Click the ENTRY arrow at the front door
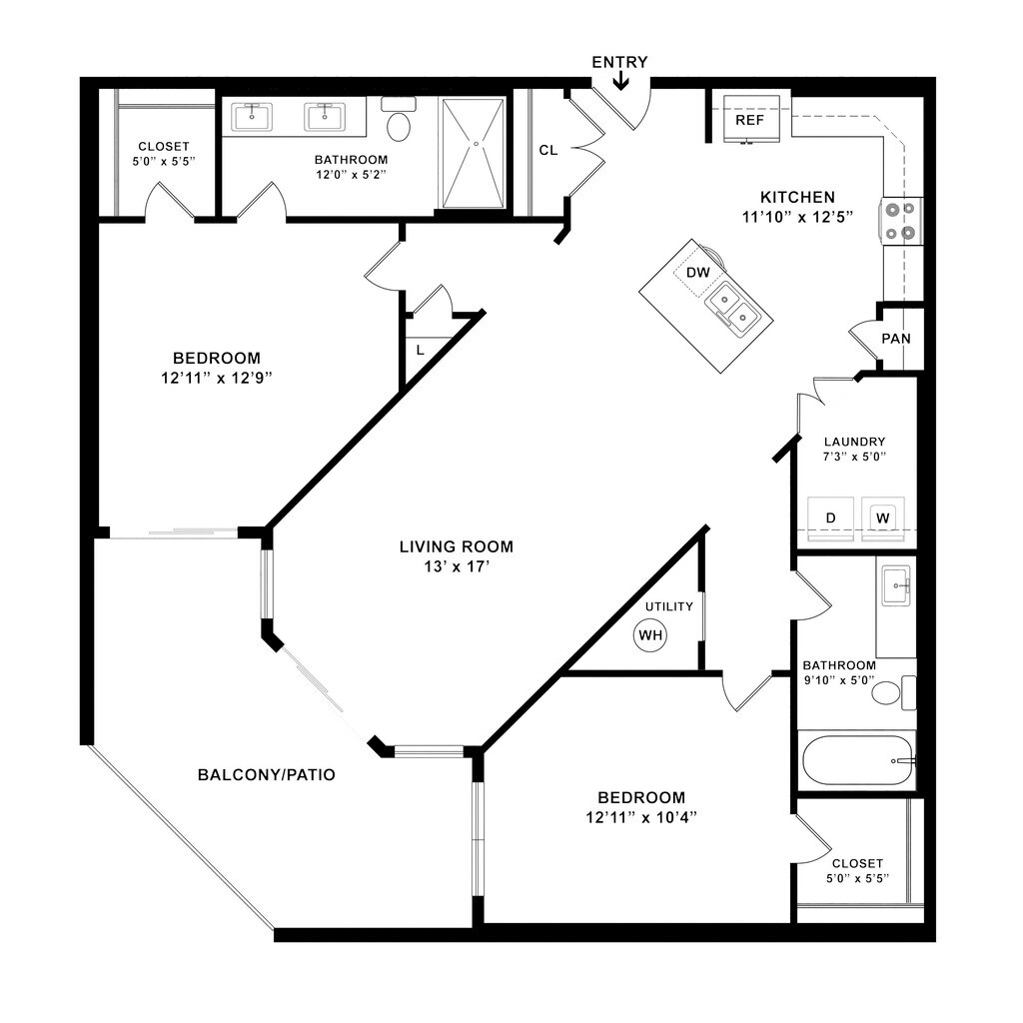point(620,79)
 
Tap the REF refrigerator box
point(749,120)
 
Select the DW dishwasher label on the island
point(697,272)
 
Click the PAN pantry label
point(896,339)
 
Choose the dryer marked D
point(830,518)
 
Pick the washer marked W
point(882,518)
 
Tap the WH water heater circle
point(651,634)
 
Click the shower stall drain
point(476,144)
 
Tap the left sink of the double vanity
point(251,117)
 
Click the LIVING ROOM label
point(457,546)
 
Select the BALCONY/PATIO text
point(266,774)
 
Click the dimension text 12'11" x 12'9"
point(217,378)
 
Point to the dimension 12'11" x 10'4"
point(641,817)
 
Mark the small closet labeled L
point(420,350)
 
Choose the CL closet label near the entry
point(547,150)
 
